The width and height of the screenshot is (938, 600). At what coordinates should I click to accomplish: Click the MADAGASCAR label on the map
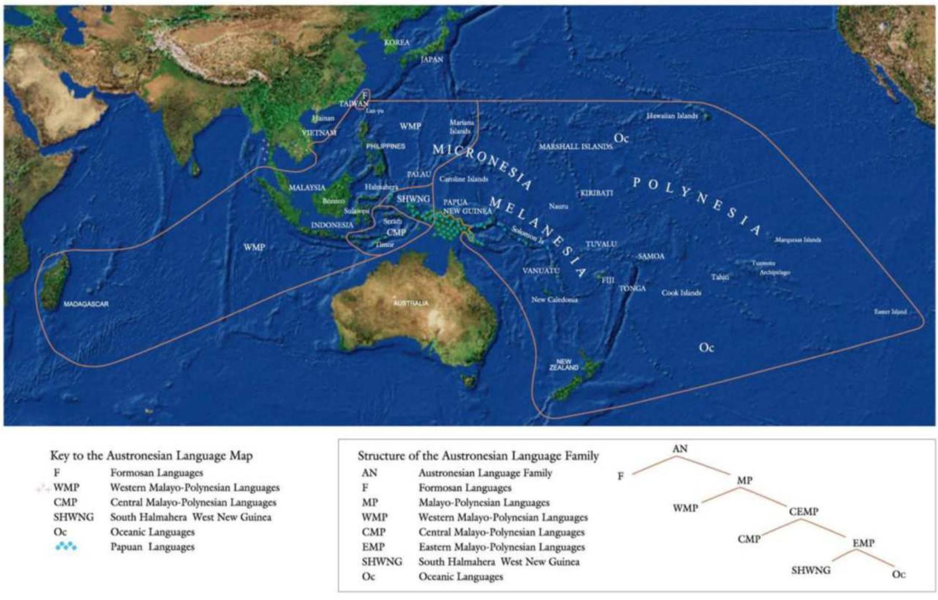pos(86,304)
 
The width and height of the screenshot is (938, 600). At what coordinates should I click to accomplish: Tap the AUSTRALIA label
pos(411,303)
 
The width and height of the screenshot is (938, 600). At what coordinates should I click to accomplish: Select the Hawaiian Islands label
pos(672,116)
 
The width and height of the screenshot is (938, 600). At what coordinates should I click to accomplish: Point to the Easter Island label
pos(890,312)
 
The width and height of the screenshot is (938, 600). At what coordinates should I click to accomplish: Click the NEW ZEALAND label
pos(564,364)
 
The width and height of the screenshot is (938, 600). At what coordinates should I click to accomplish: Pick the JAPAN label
pos(432,60)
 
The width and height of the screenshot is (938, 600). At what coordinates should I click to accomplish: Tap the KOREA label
pos(397,43)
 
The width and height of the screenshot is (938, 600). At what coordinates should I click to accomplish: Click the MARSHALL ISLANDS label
pos(575,147)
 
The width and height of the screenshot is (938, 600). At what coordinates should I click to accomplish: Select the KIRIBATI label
pos(597,193)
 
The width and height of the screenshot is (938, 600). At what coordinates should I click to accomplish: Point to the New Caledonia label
pos(554,300)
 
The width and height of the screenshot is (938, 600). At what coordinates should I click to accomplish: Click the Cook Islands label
pos(681,293)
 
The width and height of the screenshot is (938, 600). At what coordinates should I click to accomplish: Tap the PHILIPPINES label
pos(385,146)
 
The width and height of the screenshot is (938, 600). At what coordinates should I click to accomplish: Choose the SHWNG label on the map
pos(413,199)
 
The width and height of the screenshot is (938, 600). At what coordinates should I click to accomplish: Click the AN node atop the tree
pos(680,448)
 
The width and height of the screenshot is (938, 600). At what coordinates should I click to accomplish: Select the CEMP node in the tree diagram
pos(803,512)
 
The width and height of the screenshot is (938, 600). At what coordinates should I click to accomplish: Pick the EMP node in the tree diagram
pos(863,543)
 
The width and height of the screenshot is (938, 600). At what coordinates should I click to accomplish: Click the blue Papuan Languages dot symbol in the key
pos(66,546)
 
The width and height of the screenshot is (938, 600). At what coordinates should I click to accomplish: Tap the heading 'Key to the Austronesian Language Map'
pos(151,456)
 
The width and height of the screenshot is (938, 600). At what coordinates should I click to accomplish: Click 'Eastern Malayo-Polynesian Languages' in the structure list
pos(501,547)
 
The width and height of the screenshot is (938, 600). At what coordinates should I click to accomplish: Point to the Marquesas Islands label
pos(798,240)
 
